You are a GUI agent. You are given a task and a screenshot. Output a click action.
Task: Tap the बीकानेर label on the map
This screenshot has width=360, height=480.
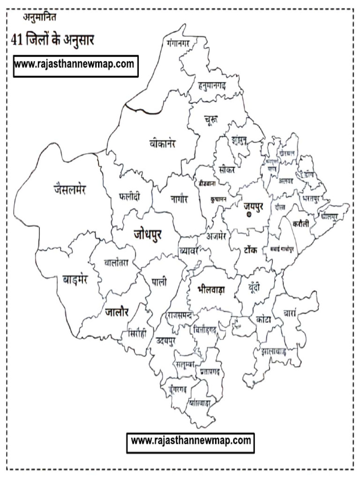click(160, 143)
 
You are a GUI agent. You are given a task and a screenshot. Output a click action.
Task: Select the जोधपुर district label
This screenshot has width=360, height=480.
click(147, 233)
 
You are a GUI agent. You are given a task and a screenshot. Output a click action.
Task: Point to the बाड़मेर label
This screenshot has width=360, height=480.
click(75, 280)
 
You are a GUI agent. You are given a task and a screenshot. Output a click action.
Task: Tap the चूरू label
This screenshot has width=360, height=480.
click(210, 120)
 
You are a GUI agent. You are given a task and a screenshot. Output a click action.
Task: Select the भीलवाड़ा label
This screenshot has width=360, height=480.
click(211, 289)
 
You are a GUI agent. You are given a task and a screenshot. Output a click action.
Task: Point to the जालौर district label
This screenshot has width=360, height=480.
click(117, 311)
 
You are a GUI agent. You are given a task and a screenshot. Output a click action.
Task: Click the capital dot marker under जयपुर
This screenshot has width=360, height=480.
click(249, 215)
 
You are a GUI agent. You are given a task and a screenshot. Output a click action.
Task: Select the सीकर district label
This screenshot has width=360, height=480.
click(226, 169)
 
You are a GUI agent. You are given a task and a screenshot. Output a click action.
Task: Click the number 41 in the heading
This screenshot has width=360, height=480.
click(17, 40)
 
